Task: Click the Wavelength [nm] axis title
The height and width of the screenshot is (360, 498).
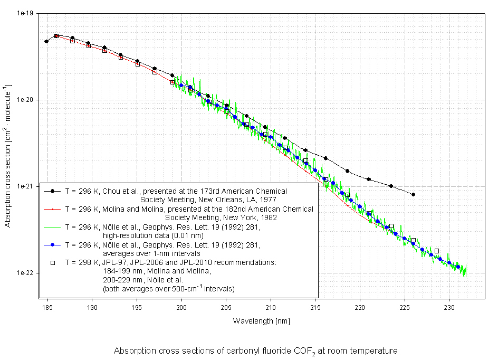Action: [x=261, y=321]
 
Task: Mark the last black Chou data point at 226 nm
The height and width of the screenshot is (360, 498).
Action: [x=413, y=194]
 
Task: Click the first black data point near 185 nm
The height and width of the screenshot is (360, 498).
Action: [x=46, y=41]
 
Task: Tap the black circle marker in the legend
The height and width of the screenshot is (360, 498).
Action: [x=53, y=191]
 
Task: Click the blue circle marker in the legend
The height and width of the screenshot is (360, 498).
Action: [x=53, y=245]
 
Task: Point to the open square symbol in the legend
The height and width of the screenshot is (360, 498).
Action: [x=53, y=262]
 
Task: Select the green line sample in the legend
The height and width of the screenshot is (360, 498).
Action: [x=53, y=227]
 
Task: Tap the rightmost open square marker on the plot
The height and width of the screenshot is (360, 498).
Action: [x=436, y=251]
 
